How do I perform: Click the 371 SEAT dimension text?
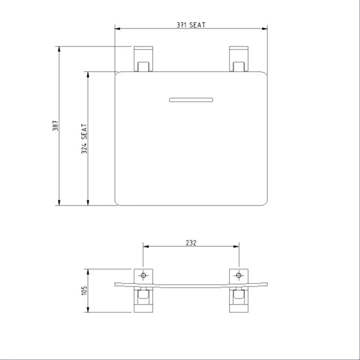191,25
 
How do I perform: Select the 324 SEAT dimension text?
84,139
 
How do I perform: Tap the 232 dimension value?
191,243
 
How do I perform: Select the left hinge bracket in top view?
144,58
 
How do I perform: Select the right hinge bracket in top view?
238,58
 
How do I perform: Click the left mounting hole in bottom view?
144,275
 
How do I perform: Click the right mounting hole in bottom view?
238,275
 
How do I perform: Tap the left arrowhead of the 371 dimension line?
118,29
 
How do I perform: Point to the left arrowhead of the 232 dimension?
146,246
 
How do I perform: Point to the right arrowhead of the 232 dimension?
236,246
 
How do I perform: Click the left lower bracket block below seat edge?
144,300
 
